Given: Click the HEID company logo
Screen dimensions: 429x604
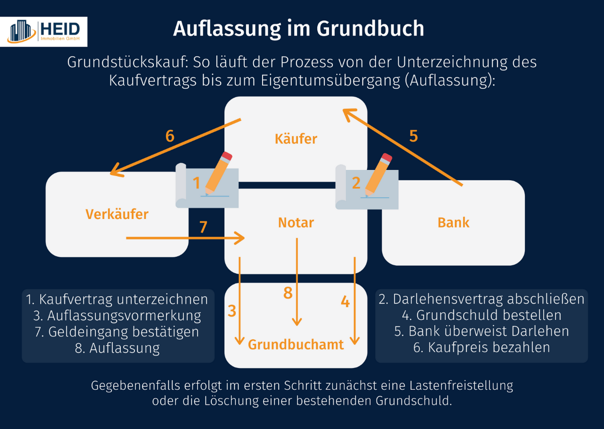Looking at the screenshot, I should pyautogui.click(x=47, y=32).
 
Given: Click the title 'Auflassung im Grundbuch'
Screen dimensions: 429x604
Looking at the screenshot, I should pyautogui.click(x=298, y=28).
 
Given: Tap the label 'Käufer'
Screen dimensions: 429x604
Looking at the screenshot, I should pyautogui.click(x=296, y=139).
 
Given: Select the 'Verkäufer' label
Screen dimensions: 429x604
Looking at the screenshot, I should pyautogui.click(x=117, y=214).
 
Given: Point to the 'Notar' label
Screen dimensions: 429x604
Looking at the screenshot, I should pyautogui.click(x=296, y=222).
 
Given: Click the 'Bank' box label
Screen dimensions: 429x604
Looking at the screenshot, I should pyautogui.click(x=453, y=222).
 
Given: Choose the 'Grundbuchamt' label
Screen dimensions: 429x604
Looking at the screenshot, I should pyautogui.click(x=296, y=345).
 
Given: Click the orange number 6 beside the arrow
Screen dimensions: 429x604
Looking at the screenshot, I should pyautogui.click(x=170, y=136).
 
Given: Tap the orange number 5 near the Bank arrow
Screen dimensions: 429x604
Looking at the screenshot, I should pyautogui.click(x=413, y=136).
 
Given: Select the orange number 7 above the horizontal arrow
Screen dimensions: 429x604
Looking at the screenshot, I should pyautogui.click(x=203, y=227).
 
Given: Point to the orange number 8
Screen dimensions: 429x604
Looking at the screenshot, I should pyautogui.click(x=288, y=293).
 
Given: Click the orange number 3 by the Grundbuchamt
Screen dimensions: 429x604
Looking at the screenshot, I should pyautogui.click(x=232, y=311).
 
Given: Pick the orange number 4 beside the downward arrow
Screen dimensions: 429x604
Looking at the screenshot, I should pyautogui.click(x=345, y=302).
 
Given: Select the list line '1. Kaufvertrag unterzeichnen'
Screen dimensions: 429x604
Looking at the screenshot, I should pyautogui.click(x=117, y=299).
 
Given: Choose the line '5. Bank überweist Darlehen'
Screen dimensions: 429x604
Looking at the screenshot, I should pyautogui.click(x=481, y=331).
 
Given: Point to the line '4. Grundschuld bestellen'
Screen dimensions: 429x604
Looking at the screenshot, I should pyautogui.click(x=481, y=315).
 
